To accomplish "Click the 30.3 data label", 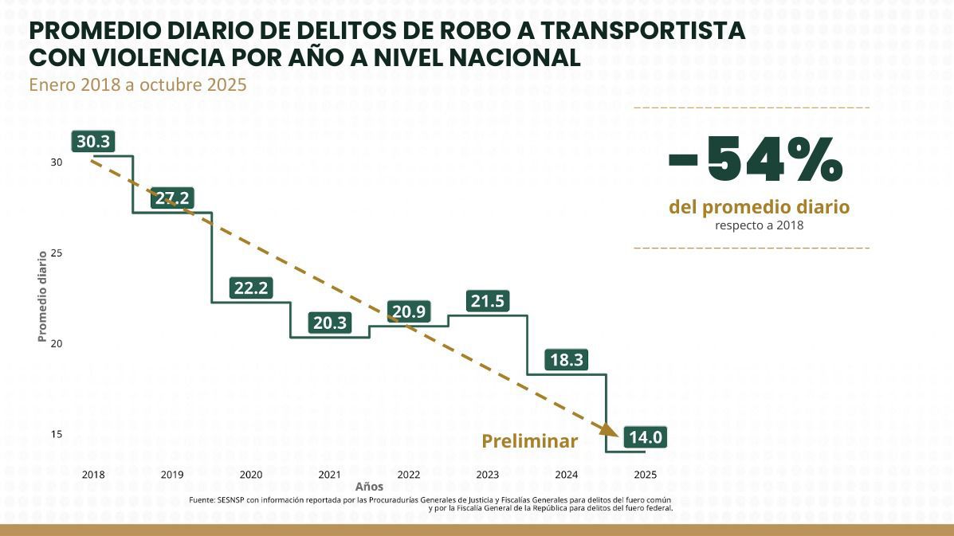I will (x=93, y=142).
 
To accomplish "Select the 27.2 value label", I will (x=171, y=198).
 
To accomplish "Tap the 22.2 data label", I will (x=250, y=288).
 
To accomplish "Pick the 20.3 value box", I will (x=329, y=323).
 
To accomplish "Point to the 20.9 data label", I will (x=408, y=311).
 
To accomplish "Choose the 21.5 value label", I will (x=488, y=302).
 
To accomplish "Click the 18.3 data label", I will (x=567, y=360).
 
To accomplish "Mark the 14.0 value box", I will (x=645, y=437).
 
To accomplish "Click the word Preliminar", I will (x=529, y=441).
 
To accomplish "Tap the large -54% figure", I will (x=755, y=159).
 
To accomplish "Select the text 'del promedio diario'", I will (x=759, y=208).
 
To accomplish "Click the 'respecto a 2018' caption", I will (x=759, y=225).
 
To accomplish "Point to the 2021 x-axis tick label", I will (x=329, y=475).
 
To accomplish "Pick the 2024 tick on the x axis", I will (x=567, y=475).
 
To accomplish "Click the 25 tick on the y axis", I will (x=57, y=253).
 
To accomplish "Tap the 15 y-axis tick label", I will (x=57, y=435).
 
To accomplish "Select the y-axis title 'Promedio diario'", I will (x=42, y=296).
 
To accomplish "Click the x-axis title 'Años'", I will (x=369, y=487).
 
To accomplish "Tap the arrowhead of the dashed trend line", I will (x=610, y=429).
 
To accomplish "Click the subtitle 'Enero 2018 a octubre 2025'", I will (x=138, y=84).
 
